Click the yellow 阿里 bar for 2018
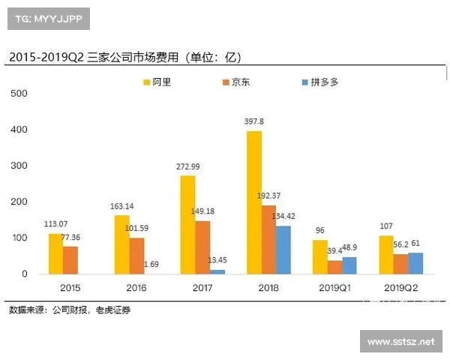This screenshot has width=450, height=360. point(253,202)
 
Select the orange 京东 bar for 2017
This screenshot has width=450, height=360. point(202,247)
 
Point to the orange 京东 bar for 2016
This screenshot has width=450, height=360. point(136,256)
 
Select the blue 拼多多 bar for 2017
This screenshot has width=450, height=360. point(217,271)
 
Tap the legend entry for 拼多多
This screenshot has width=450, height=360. point(319,82)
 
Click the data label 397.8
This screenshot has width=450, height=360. point(253,121)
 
